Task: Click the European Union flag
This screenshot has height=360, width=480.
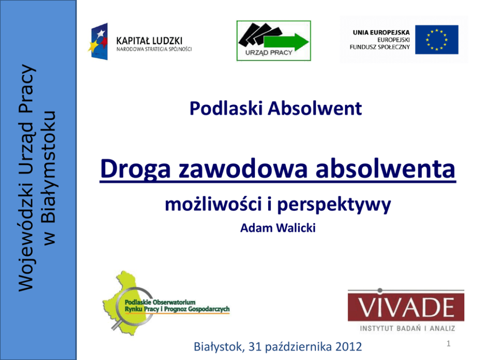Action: click(436, 40)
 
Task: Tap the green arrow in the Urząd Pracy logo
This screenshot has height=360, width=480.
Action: click(286, 42)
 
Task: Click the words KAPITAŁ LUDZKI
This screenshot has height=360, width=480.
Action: click(149, 41)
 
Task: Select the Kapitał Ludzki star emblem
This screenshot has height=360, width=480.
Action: click(98, 41)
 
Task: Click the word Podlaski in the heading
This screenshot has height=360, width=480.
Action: click(226, 108)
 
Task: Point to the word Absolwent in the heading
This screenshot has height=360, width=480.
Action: click(315, 108)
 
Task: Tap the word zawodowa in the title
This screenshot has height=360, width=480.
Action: click(243, 168)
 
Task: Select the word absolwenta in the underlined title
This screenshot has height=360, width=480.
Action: click(386, 168)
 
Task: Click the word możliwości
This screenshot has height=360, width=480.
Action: click(213, 204)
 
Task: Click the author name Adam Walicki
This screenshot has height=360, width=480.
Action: click(278, 228)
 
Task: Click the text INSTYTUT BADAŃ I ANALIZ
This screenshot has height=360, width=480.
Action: click(407, 329)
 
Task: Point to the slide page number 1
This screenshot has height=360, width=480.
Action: click(449, 344)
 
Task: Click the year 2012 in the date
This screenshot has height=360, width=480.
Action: click(349, 347)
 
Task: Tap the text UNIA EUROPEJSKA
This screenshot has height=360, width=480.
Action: click(381, 32)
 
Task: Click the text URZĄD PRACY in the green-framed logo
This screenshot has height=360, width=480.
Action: click(269, 53)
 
